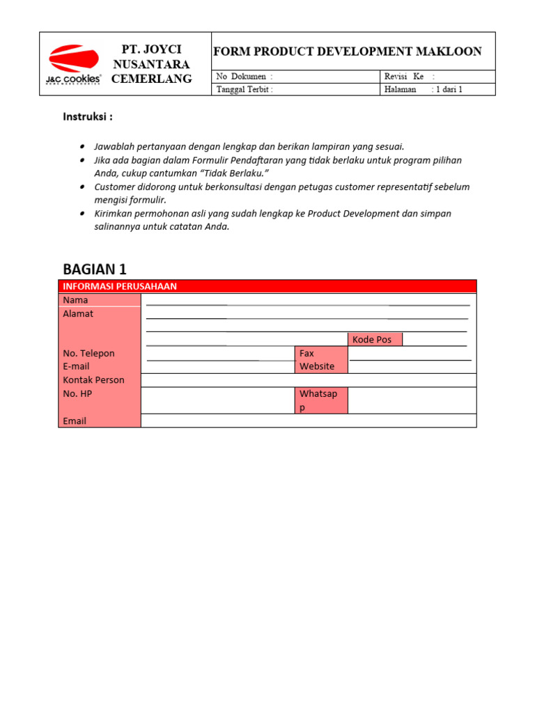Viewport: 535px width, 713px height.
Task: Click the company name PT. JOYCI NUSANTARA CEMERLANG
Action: tap(151, 64)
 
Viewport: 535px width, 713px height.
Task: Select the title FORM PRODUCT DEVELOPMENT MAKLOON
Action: tap(347, 52)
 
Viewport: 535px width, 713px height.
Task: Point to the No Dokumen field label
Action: tap(245, 77)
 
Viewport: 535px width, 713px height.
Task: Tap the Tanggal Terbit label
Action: tap(245, 89)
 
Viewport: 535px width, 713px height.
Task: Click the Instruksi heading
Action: tap(88, 117)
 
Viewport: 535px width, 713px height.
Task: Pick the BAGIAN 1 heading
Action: tap(95, 269)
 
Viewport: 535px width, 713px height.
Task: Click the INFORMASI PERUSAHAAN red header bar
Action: tap(267, 286)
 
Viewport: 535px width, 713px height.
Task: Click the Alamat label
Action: tap(78, 314)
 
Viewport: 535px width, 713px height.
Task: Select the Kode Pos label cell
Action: tap(375, 340)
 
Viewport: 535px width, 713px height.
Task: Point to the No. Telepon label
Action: tap(88, 353)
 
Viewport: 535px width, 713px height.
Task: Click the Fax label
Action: tap(307, 353)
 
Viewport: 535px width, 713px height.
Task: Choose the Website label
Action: tap(317, 366)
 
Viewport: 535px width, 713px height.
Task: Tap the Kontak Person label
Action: tap(93, 380)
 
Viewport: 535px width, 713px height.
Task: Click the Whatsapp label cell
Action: tap(321, 400)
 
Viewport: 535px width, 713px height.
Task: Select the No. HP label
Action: tap(77, 393)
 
